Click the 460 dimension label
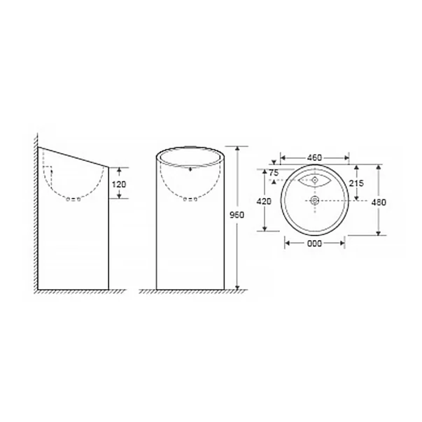tap(314, 158)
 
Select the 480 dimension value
tap(379, 202)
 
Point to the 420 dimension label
tap(265, 202)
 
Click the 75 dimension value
tap(273, 174)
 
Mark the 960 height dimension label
tap(237, 216)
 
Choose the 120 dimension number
tap(120, 184)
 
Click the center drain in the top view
tap(314, 202)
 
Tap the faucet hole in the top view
tap(314, 181)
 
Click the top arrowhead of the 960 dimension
tap(237, 148)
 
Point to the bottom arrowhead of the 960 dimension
tap(237, 288)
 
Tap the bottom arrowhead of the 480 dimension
tap(379, 234)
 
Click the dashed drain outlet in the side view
tap(71, 199)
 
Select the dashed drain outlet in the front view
tap(190, 199)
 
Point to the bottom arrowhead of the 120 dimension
tap(120, 197)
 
